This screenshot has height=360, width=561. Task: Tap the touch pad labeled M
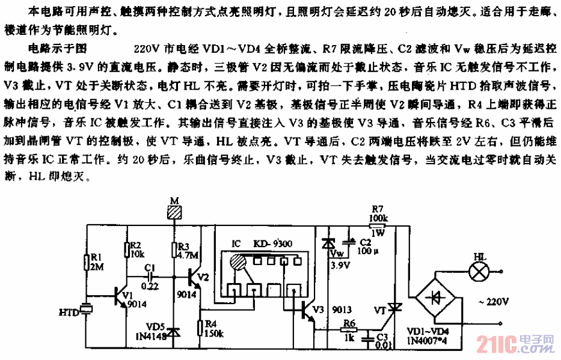(176, 212)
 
